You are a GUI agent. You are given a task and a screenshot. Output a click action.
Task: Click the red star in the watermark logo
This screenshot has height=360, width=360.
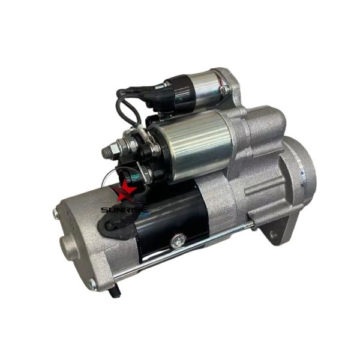tap(126, 191)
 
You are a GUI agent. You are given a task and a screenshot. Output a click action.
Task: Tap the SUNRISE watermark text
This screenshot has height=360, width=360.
tap(125, 209)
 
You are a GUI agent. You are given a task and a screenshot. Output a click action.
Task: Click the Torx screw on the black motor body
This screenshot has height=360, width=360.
tap(178, 241)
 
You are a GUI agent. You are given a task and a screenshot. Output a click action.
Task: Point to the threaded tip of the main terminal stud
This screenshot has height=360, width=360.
tap(106, 152)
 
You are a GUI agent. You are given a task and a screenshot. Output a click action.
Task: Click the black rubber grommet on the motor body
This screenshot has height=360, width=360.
tap(115, 225)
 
